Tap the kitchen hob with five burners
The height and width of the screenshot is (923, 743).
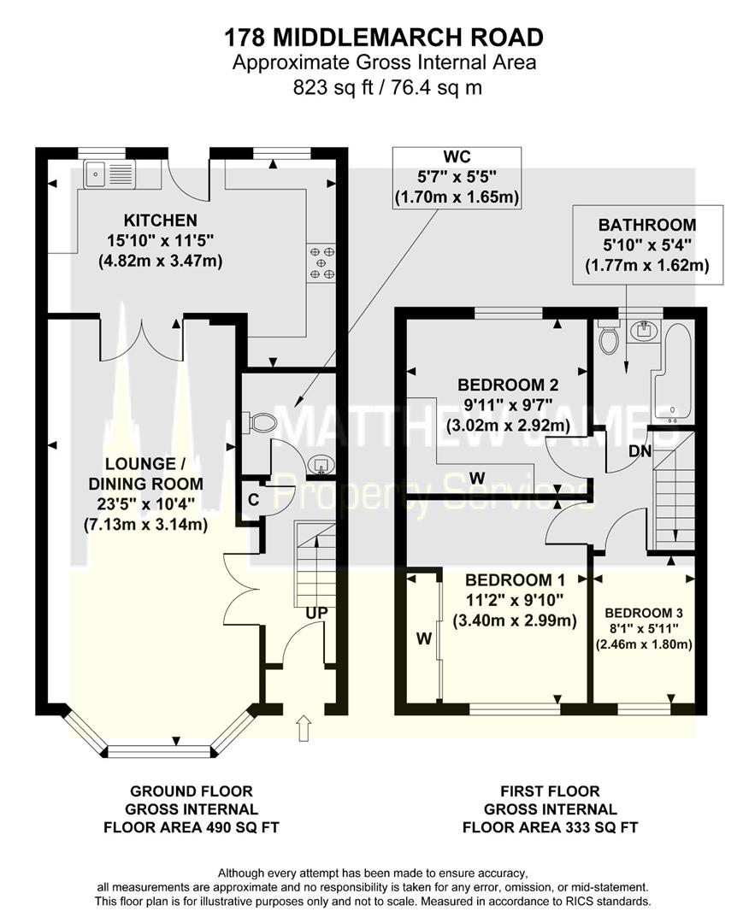coord(321,262)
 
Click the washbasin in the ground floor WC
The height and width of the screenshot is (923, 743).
coord(321,466)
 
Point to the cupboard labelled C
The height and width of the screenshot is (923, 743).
coord(253,500)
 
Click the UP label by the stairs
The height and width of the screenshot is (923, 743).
coord(316,613)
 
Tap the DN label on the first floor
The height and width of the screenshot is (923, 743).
coord(640,451)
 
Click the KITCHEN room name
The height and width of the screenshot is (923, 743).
coord(160,220)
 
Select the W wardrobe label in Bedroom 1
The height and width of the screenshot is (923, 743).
coord(424,638)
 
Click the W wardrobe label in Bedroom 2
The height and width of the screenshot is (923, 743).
coord(477,476)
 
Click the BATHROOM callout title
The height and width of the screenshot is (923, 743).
coord(647,225)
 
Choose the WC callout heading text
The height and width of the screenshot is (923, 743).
coord(457,156)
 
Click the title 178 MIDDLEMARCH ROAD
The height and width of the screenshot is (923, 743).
coord(384,38)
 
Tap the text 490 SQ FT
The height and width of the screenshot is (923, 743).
coord(241,827)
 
